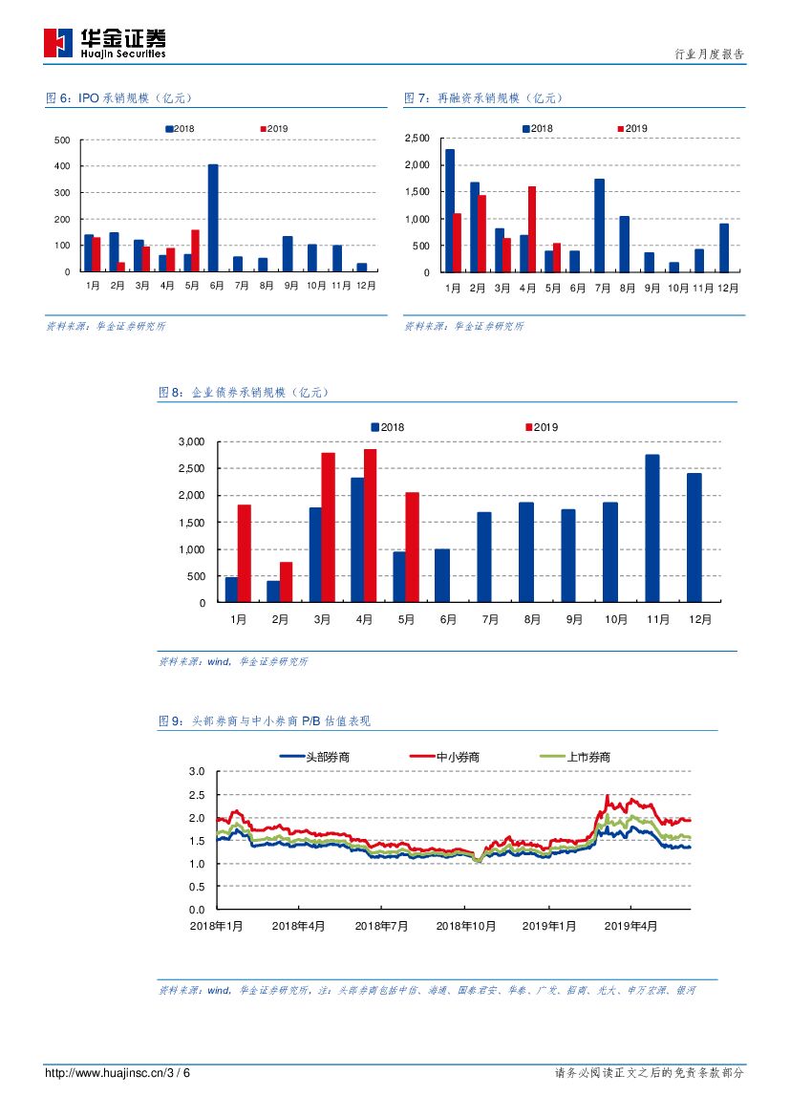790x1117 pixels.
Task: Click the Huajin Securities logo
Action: pyautogui.click(x=104, y=41)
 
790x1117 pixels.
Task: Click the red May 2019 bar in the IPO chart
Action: pyautogui.click(x=195, y=250)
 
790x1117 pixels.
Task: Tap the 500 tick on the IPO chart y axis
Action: pyautogui.click(x=62, y=140)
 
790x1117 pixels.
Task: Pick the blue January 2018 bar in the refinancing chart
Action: pyautogui.click(x=450, y=210)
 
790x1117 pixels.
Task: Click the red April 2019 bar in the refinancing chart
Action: pyautogui.click(x=532, y=229)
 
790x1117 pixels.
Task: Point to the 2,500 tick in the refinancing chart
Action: pyautogui.click(x=417, y=139)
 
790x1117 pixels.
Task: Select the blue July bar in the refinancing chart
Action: pyautogui.click(x=599, y=226)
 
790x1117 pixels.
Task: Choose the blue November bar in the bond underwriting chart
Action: pyautogui.click(x=652, y=528)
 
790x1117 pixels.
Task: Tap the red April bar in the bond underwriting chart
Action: pyautogui.click(x=370, y=526)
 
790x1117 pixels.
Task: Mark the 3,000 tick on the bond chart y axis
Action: pyautogui.click(x=192, y=441)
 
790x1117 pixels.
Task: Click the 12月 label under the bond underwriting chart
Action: pyautogui.click(x=700, y=619)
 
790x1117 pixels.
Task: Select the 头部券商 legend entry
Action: pyautogui.click(x=314, y=757)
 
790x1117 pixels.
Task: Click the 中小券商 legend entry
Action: pyautogui.click(x=444, y=757)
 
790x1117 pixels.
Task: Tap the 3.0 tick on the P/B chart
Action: pyautogui.click(x=197, y=771)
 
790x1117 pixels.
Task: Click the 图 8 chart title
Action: pyautogui.click(x=244, y=392)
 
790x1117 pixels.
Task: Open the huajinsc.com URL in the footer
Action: pyautogui.click(x=117, y=1073)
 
